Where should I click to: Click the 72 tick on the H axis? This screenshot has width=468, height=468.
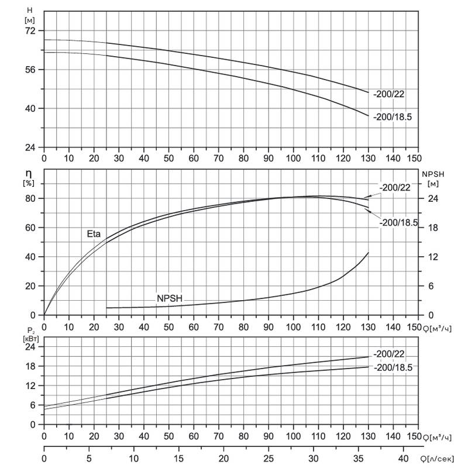pos(30,31)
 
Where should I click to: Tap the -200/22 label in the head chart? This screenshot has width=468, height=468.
pos(388,94)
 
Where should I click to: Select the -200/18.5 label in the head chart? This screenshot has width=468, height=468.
pos(392,116)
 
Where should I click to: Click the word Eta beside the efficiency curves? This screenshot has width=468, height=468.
pos(94,233)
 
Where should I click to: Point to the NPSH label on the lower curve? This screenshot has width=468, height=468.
pos(170,298)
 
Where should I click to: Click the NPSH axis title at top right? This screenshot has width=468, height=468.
pos(433,174)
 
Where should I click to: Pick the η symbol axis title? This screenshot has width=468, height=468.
pos(29,174)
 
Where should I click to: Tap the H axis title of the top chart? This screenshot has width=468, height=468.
pos(30,10)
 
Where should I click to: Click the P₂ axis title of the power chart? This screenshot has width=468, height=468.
pos(31,331)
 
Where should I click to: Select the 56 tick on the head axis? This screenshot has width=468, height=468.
pos(30,70)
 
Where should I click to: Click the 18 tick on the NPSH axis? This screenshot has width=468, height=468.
pos(433,228)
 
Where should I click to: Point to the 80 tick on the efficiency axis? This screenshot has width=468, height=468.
pos(30,198)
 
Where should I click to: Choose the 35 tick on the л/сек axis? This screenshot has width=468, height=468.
pos(359,458)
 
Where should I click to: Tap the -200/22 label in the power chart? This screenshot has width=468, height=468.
pos(389,354)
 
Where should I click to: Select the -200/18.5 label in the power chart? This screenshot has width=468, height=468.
pos(393,367)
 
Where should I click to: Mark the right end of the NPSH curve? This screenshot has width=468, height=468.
pos(369,253)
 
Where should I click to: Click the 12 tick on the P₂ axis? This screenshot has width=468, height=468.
pos(30,386)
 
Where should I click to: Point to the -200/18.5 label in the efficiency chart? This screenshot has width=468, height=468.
pos(398,223)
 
